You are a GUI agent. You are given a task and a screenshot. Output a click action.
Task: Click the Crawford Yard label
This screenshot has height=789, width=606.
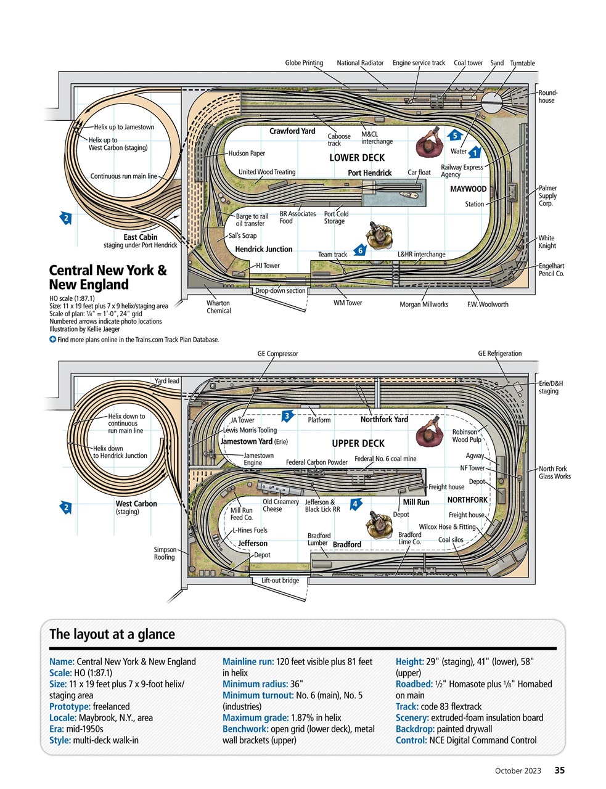coord(292,131)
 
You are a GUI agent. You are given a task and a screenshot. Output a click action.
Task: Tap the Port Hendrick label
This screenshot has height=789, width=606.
coord(369,173)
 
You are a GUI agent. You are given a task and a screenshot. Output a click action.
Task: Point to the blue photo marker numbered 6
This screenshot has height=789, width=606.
coord(360,250)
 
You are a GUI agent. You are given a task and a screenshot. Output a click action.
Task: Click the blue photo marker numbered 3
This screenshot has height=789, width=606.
coord(287,416)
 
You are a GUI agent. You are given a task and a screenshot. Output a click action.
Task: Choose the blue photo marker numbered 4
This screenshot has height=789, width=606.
coord(355,504)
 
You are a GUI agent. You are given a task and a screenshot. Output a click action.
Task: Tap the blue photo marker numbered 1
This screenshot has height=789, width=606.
coord(474,152)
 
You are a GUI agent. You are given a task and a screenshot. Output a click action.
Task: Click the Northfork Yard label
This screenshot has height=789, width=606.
coord(384,420)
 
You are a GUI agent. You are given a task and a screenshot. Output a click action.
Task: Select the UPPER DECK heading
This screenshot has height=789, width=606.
coord(358,444)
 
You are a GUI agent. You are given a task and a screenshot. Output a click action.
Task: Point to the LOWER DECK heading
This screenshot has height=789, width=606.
coord(356,158)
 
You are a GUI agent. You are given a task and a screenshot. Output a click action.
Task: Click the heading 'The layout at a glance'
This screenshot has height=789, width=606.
coord(112,634)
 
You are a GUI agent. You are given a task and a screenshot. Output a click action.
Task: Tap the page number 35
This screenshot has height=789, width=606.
coord(559,771)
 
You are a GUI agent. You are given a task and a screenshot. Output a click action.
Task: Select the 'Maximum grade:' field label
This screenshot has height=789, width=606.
coord(250,718)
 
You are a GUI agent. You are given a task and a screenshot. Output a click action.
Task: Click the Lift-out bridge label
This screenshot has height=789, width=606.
coord(280,581)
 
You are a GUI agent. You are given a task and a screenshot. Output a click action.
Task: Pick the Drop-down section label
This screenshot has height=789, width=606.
coord(280,291)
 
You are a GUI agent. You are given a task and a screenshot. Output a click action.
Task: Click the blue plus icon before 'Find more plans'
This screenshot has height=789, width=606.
coord(52,340)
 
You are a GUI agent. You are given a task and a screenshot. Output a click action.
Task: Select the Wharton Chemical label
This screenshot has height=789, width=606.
coord(218,307)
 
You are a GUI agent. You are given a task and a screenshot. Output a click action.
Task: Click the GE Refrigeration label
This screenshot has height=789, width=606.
coord(499,354)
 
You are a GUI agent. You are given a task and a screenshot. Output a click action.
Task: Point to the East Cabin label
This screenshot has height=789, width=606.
coord(140,237)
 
